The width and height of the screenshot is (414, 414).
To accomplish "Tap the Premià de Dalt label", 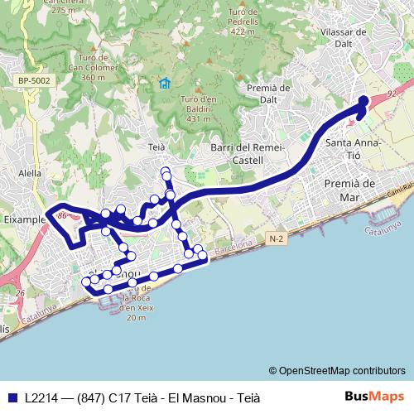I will tap(267, 93).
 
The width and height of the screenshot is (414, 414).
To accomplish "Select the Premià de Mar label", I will tap(351, 190).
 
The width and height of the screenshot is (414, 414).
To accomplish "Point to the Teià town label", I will tap(156, 146).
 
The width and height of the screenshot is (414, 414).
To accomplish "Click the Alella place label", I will tap(30, 174).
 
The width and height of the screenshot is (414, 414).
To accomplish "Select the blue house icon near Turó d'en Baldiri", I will tap(164, 83).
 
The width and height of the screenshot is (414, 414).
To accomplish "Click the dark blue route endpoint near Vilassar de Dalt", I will tap(363, 102).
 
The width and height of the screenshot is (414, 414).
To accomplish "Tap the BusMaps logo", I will tap(374, 397).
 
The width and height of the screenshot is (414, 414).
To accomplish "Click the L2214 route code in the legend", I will tap(42, 397).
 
